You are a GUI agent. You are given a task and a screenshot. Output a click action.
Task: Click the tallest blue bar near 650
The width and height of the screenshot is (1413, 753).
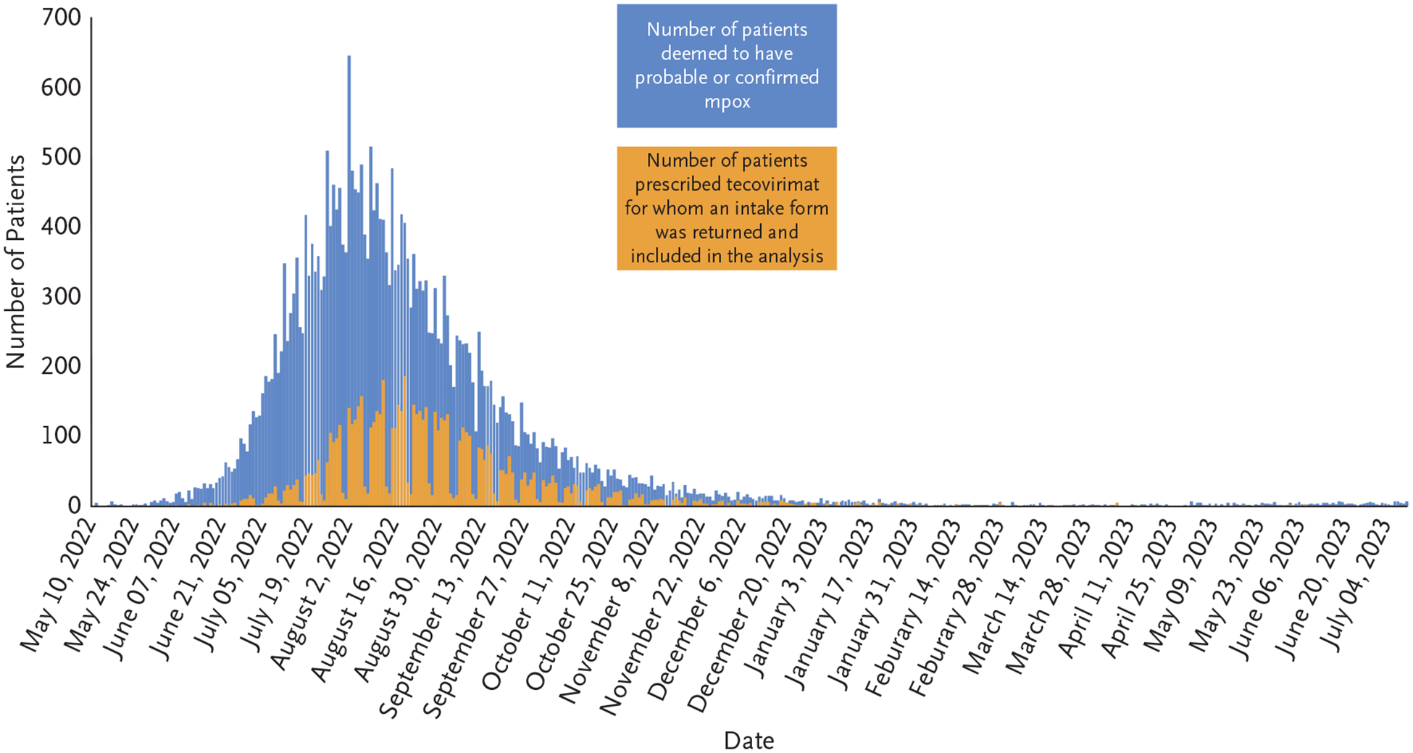[x=349, y=217]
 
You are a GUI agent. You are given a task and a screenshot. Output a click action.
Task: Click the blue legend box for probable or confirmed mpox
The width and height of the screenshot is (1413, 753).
[x=727, y=66]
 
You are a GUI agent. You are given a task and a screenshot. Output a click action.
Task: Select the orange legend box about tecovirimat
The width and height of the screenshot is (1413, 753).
[x=727, y=209]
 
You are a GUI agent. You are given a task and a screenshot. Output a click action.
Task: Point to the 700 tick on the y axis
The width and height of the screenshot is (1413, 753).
[x=62, y=17]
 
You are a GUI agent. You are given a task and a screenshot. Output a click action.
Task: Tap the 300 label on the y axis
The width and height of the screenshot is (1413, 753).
[x=62, y=296]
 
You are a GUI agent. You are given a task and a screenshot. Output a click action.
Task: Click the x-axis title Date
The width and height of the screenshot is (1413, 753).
[x=749, y=740]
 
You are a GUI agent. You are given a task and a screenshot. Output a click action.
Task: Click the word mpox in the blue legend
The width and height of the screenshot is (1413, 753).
[x=727, y=101]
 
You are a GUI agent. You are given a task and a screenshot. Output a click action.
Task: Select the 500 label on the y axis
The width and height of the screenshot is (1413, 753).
[x=62, y=157]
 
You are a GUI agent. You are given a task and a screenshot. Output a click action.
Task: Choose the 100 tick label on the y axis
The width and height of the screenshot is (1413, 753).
[x=62, y=435]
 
